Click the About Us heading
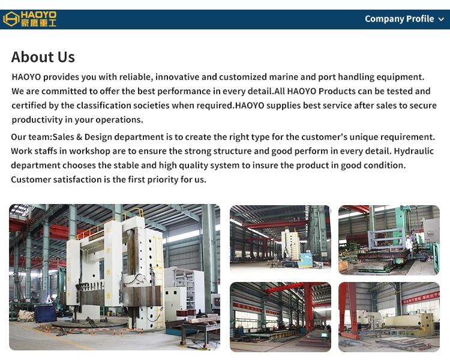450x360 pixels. coord(43,57)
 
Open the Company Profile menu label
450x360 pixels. coord(399,19)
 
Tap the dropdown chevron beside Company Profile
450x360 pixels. coord(441,20)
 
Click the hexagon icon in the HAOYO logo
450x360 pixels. coord(11,19)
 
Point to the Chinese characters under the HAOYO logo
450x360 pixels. coord(38,23)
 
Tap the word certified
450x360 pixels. coord(29,106)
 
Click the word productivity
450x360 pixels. coord(37,120)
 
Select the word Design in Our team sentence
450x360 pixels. coord(98,137)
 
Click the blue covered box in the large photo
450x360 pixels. coord(46,314)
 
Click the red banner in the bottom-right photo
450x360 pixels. coord(421,298)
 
